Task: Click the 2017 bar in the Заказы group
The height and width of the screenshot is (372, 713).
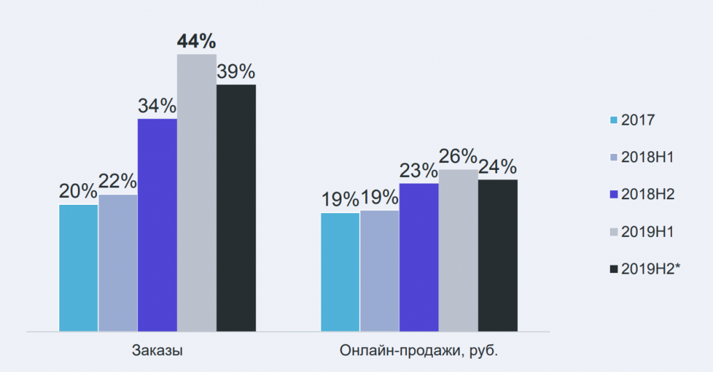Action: (x=79, y=268)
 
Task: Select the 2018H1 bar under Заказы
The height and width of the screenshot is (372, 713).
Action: (x=118, y=263)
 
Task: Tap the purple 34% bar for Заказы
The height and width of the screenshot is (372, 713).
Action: (x=157, y=224)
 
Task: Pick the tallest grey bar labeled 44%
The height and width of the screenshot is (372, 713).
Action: (x=197, y=192)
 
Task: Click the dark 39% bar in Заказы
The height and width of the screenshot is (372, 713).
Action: (x=236, y=208)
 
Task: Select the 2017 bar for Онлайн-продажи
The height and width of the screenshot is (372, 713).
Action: (x=340, y=272)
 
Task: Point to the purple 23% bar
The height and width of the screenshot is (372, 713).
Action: (x=419, y=257)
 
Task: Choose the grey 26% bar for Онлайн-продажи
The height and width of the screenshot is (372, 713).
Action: (x=458, y=250)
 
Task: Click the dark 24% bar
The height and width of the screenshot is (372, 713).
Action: (x=498, y=255)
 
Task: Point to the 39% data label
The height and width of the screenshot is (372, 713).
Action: (x=236, y=72)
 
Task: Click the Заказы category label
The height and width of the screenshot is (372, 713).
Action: (x=157, y=350)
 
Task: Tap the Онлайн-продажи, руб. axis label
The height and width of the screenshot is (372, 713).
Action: (x=419, y=350)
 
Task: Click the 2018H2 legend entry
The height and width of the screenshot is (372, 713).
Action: (x=642, y=194)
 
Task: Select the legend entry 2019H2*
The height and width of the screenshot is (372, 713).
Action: (x=644, y=269)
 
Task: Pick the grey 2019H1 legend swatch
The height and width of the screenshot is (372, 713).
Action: (x=613, y=232)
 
